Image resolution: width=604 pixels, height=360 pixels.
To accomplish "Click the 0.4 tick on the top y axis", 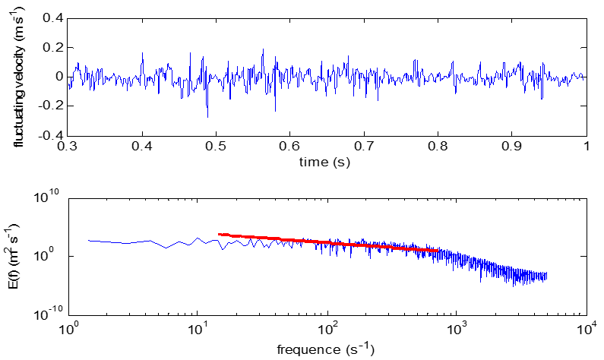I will [x=52, y=17].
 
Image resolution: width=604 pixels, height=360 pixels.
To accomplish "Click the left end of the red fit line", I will [x=219, y=235].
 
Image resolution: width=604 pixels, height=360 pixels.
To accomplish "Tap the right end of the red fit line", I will [x=438, y=250].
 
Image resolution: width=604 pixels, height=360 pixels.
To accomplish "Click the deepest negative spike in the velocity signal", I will [x=207, y=117].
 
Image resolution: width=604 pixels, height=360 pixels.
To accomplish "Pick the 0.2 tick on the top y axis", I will [x=52, y=47].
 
